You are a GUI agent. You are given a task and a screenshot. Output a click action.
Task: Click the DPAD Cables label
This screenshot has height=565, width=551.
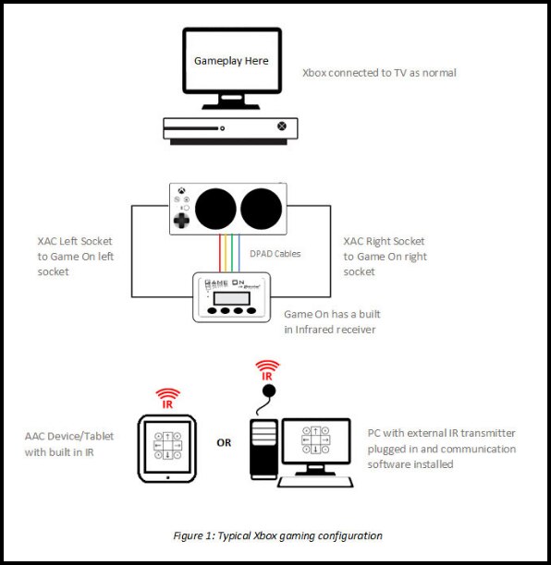click(x=275, y=252)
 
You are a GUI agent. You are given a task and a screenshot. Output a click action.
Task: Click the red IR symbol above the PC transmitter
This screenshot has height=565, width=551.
click(x=267, y=371)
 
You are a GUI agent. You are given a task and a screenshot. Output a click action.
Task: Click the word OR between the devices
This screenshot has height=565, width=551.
click(x=224, y=442)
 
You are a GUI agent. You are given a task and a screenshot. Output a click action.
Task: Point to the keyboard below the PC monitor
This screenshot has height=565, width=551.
click(x=316, y=482)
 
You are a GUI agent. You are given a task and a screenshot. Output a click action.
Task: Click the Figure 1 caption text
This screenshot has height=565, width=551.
click(x=276, y=535)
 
